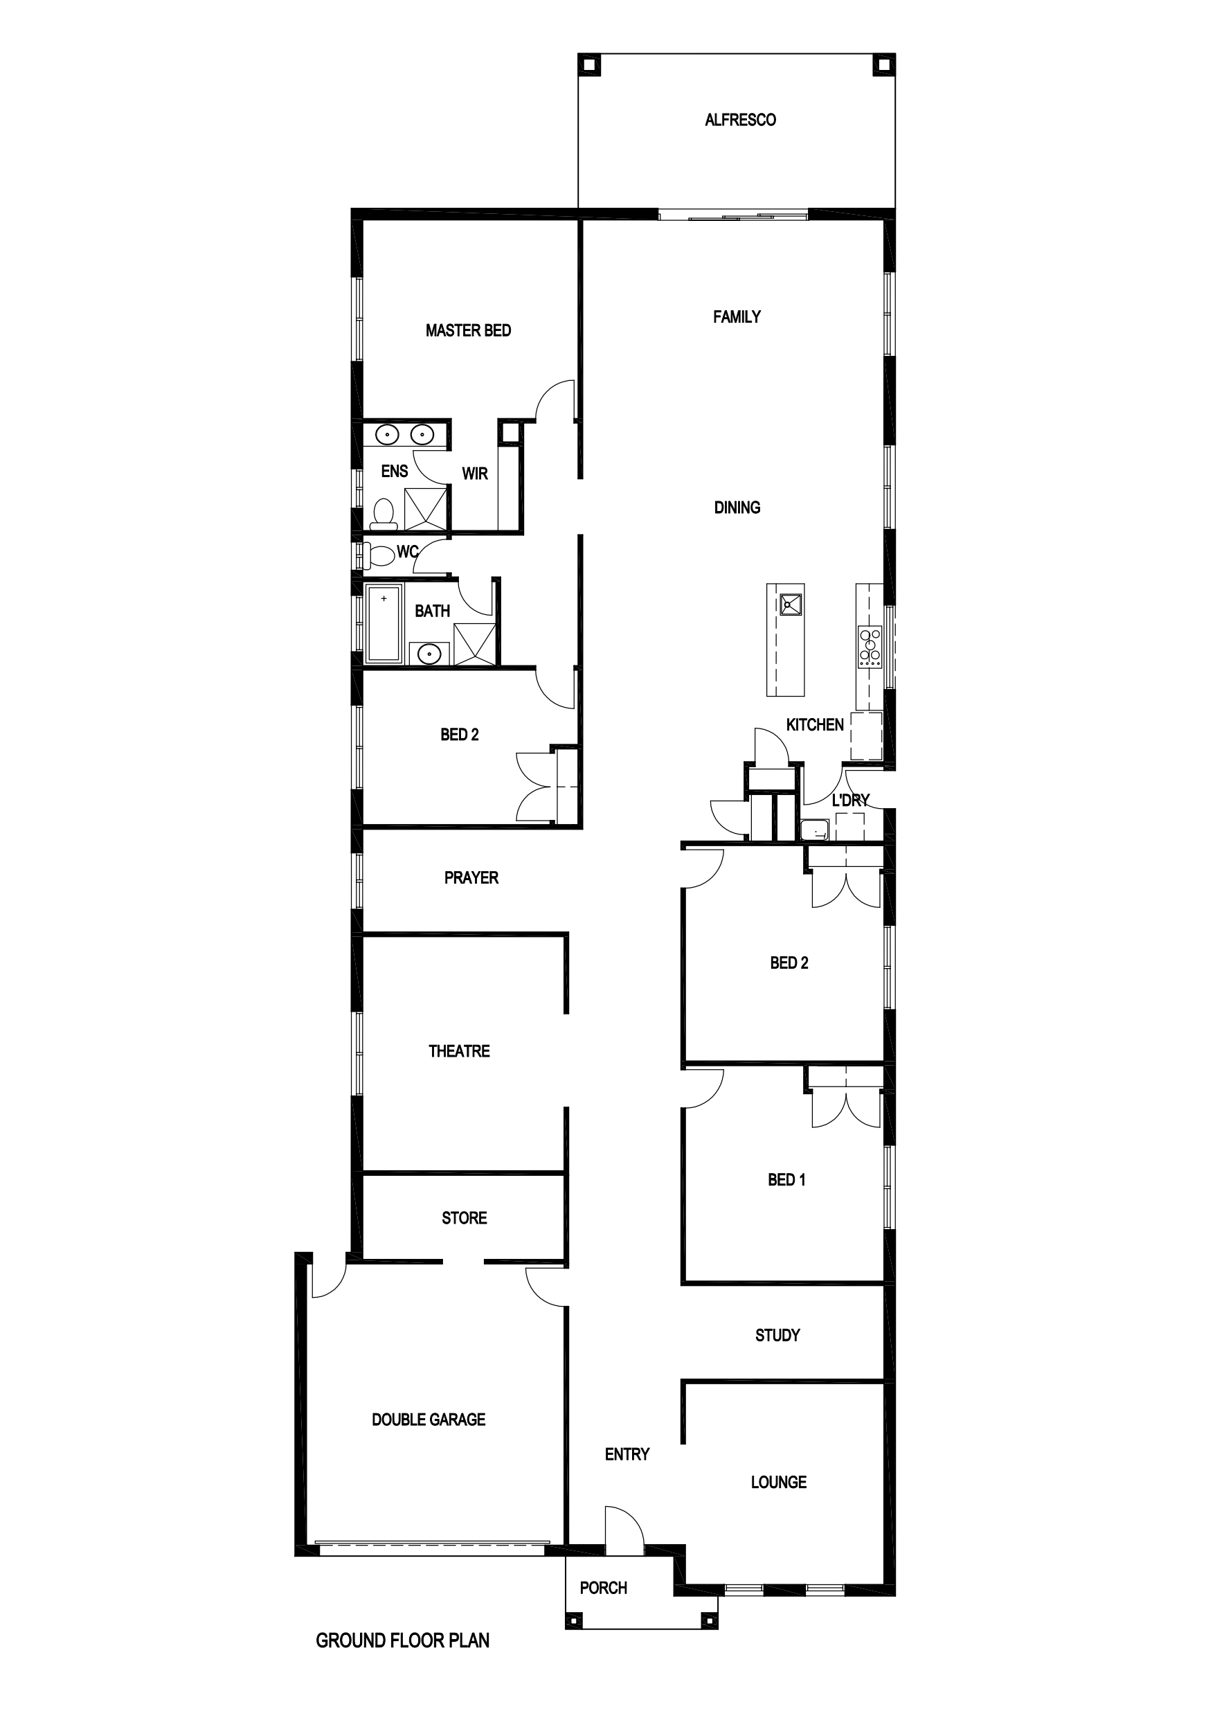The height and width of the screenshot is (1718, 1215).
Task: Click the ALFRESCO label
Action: tap(740, 120)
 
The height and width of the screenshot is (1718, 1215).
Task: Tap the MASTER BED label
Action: tap(468, 331)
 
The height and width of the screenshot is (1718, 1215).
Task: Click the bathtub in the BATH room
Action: tap(384, 624)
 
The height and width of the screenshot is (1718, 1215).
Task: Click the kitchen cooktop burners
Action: tap(870, 647)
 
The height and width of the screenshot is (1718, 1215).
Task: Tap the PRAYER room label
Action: tap(471, 878)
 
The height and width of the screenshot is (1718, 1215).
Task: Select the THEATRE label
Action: tap(460, 1051)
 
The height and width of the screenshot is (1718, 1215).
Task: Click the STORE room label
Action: tap(465, 1218)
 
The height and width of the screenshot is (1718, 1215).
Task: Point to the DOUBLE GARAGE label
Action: tap(429, 1420)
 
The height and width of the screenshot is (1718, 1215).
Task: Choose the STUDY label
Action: tap(777, 1335)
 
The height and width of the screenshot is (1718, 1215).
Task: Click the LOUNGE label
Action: tap(779, 1483)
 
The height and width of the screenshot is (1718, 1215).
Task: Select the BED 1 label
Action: tap(787, 1180)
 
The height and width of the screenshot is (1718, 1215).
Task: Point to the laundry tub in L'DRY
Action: tap(815, 830)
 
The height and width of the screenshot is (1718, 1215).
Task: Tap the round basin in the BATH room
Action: tap(429, 653)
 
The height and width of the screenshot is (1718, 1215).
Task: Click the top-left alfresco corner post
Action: tap(590, 64)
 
